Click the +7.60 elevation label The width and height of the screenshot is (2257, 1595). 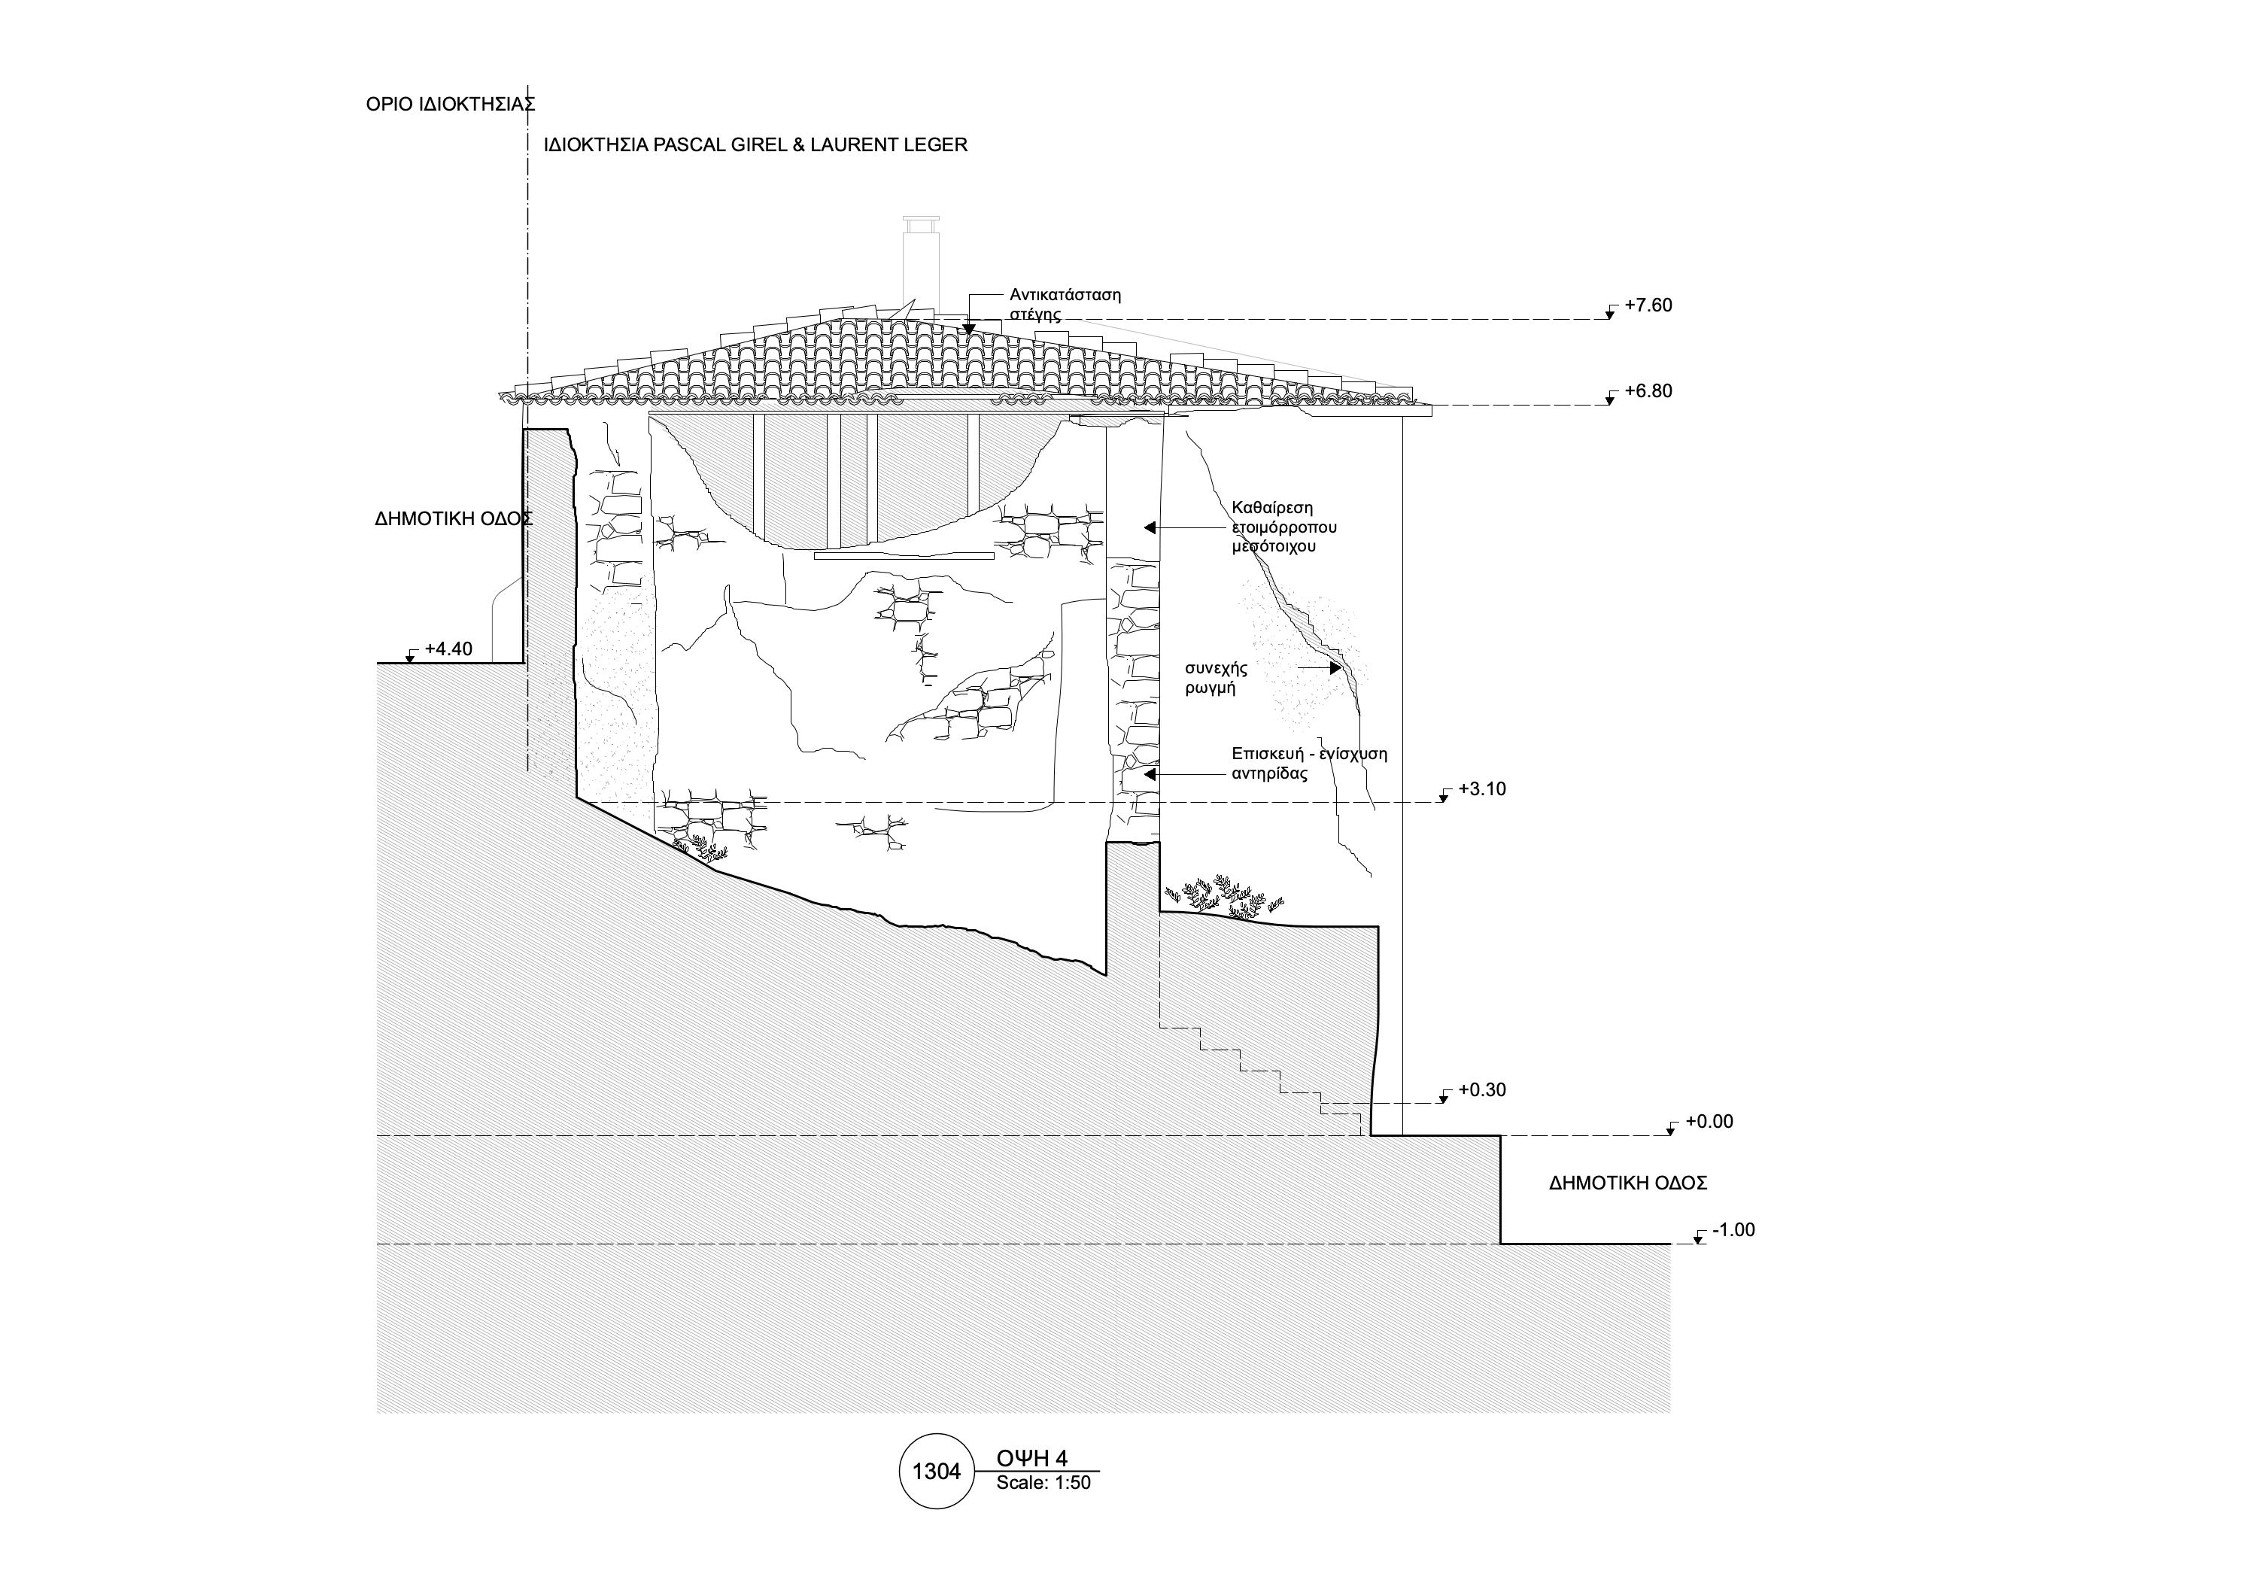pos(1648,305)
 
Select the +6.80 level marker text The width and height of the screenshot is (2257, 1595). pos(1648,391)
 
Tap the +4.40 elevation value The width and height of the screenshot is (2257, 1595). pos(448,649)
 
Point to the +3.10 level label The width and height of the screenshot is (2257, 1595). pos(1481,789)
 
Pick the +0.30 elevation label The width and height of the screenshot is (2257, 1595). pos(1481,1090)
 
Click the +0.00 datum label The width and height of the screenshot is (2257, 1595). pos(1709,1121)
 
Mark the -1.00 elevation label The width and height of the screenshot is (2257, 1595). pos(1733,1230)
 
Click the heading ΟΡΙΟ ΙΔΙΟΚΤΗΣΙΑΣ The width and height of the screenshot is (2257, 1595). pos(450,104)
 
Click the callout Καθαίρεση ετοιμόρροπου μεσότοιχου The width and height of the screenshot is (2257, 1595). pos(1283,527)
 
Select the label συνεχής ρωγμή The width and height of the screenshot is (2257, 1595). pos(1216,678)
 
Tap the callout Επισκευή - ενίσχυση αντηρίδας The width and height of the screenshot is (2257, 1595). pos(1308,764)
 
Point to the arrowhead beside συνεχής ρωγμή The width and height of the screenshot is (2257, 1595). pos(1336,668)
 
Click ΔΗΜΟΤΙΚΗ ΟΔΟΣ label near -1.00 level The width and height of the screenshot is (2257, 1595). pos(1627,1183)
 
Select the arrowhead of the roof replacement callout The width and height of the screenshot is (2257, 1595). pos(968,330)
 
